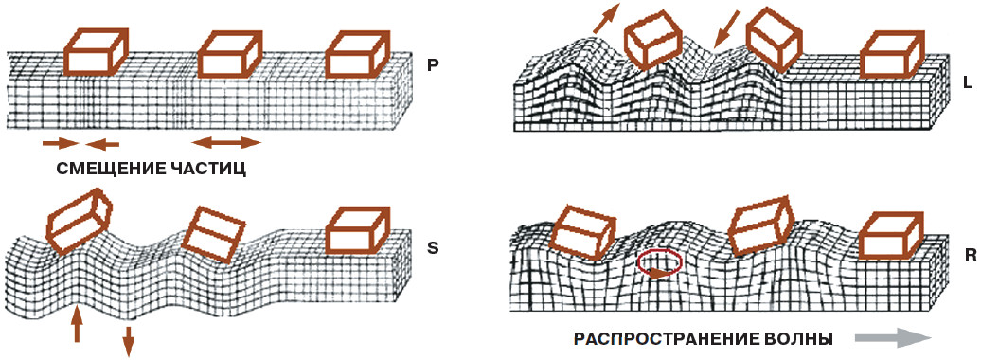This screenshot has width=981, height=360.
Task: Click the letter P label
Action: click(433, 65)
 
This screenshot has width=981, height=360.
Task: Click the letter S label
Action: click(433, 248)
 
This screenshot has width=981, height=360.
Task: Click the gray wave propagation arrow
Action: click(894, 338)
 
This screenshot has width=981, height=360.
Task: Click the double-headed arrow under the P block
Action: click(226, 143)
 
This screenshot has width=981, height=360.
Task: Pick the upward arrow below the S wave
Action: click(77, 323)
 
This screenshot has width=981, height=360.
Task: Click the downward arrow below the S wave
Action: click(128, 341)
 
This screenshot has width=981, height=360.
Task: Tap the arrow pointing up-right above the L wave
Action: click(606, 18)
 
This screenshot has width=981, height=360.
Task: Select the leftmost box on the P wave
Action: click(96, 51)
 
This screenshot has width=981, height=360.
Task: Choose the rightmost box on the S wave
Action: click(359, 230)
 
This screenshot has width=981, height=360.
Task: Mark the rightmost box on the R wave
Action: click(890, 234)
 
